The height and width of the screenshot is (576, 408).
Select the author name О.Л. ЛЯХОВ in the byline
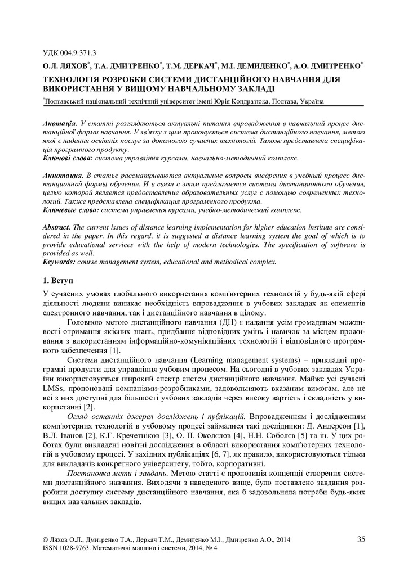pos(63,66)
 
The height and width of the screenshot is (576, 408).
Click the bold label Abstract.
pos(57,227)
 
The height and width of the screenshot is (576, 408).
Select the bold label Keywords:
pos(61,262)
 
